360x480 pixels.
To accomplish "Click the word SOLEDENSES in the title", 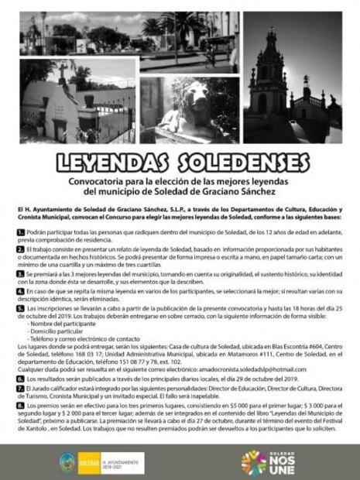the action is tap(235, 163).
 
